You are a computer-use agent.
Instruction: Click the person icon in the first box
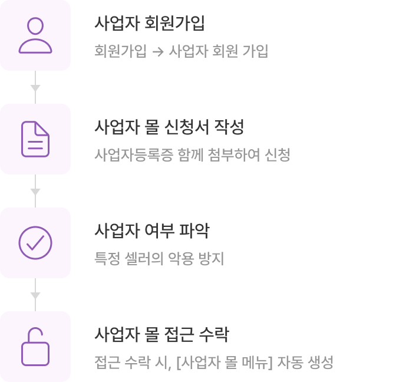click(x=35, y=35)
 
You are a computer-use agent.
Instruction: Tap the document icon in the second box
click(x=35, y=139)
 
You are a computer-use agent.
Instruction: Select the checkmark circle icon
click(x=35, y=243)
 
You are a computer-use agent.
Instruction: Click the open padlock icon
click(x=35, y=347)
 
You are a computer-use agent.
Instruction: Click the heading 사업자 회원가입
click(x=150, y=25)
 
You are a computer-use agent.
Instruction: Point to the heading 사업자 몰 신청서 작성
click(x=169, y=127)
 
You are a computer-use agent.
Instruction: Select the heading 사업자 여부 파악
click(x=151, y=231)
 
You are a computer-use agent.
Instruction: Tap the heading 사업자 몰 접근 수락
click(x=161, y=335)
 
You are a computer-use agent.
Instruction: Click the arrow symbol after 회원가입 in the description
click(x=158, y=51)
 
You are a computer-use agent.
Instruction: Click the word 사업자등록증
click(x=133, y=155)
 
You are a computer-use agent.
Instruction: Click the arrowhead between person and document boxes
click(x=35, y=88)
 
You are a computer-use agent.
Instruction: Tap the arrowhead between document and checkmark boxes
click(x=35, y=192)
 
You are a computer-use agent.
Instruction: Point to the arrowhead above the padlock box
click(x=35, y=295)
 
